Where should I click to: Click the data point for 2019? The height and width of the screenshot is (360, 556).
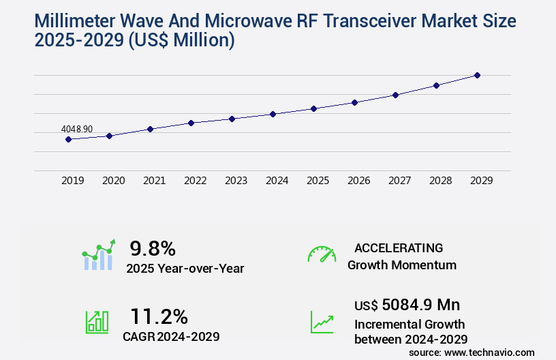click(x=68, y=139)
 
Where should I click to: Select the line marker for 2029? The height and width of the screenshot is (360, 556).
click(x=477, y=75)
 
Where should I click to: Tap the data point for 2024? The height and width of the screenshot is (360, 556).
click(x=273, y=114)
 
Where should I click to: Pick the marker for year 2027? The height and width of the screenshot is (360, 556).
click(x=395, y=95)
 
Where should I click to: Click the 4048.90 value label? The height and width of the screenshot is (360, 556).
click(x=77, y=129)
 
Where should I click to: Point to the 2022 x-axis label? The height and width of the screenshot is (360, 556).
click(x=195, y=181)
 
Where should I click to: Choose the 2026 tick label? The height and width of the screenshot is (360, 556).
click(x=358, y=181)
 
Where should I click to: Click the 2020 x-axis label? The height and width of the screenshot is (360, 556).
click(x=113, y=181)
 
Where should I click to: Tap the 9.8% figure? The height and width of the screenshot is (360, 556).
click(x=153, y=247)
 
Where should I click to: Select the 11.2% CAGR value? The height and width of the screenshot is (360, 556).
click(x=159, y=316)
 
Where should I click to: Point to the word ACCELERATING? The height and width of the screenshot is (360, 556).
click(x=399, y=247)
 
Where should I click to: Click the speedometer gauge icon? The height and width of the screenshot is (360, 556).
click(x=322, y=254)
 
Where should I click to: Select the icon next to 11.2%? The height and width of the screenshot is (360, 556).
click(x=97, y=322)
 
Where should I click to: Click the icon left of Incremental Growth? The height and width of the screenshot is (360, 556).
click(x=322, y=322)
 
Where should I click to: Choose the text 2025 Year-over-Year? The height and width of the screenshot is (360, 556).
click(x=185, y=269)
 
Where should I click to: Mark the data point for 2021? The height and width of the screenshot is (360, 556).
click(x=150, y=129)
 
